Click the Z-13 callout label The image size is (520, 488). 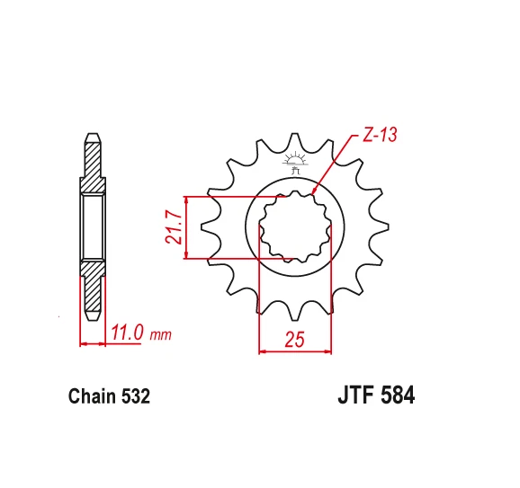(380, 136)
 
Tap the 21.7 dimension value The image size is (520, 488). (174, 227)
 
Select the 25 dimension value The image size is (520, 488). (294, 340)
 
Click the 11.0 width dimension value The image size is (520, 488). (128, 333)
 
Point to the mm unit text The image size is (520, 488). (161, 335)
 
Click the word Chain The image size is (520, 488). (93, 396)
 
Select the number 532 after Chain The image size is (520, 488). (136, 396)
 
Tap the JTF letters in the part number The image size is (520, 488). (357, 395)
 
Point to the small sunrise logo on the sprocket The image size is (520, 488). (295, 162)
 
